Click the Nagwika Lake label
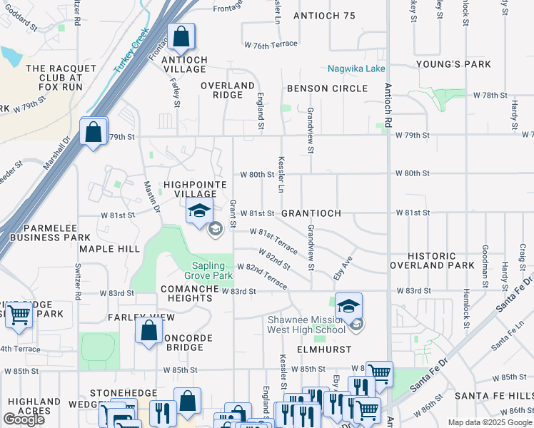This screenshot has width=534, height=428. click(x=356, y=69)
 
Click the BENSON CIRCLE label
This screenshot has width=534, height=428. click(x=327, y=88)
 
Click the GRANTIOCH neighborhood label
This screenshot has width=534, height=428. click(x=311, y=213)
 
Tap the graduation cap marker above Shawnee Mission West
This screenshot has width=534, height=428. click(x=348, y=306)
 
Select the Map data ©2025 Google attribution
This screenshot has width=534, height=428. click(x=489, y=422)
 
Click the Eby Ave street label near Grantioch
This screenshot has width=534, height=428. click(x=343, y=268)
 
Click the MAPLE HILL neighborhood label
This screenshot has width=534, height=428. click(x=110, y=249)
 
